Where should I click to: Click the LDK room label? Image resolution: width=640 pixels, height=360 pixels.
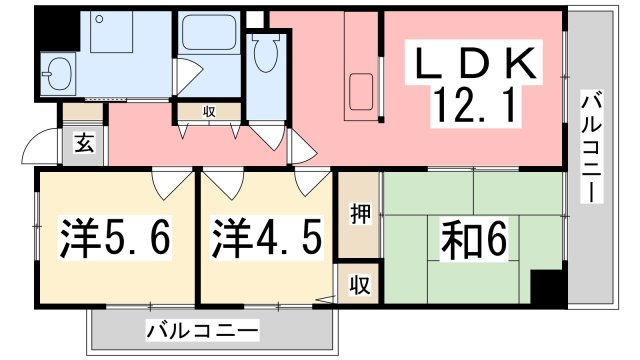475,63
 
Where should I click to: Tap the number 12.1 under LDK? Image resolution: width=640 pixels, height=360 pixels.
473,106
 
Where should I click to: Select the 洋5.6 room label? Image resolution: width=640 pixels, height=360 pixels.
115,238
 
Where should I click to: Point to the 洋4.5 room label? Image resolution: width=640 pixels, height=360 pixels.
266,238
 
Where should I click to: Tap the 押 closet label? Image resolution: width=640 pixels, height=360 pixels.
360,213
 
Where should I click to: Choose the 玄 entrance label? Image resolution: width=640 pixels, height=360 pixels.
84,143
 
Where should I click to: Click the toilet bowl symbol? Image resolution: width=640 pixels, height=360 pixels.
266,53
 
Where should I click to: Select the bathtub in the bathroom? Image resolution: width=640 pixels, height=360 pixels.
209,32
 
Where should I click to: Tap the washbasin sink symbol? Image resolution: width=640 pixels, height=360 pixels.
60,74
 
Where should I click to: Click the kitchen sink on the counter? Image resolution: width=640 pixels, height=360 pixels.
361,91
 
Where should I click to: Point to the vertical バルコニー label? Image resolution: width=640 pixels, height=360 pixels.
591,148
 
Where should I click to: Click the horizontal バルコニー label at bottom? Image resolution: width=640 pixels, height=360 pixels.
202,330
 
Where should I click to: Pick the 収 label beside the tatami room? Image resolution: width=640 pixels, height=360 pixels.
360,284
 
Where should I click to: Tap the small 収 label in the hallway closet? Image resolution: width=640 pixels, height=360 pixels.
209,111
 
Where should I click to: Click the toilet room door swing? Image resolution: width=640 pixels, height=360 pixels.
268,137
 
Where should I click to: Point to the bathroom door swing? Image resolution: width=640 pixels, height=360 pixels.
189,76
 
